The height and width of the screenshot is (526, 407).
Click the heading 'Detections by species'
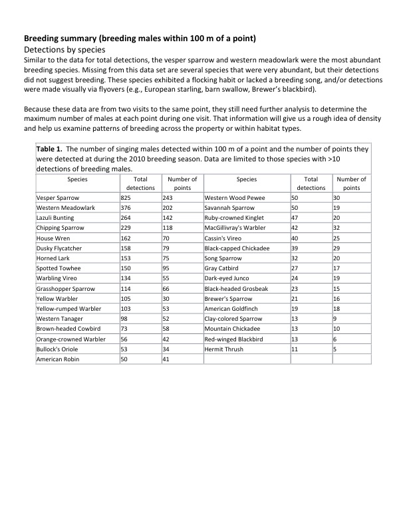pyautogui.click(x=64, y=49)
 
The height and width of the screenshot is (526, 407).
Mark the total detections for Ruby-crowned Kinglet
pyautogui.click(x=296, y=218)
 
